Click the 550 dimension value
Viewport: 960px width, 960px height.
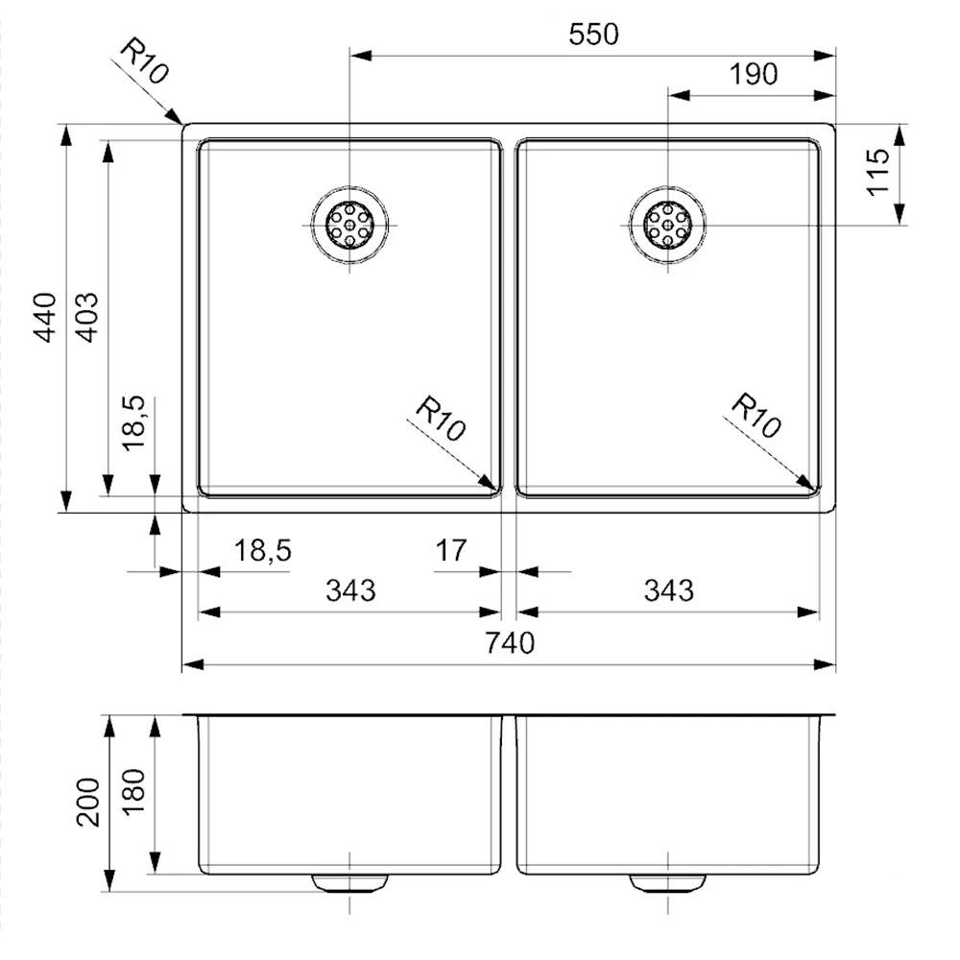(x=595, y=35)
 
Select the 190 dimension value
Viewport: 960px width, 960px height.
(x=755, y=74)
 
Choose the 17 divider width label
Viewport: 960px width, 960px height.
(x=450, y=551)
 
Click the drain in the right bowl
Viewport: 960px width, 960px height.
(x=667, y=225)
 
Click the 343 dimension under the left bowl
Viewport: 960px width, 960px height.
(x=350, y=590)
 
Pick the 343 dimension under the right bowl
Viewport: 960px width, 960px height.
(x=668, y=590)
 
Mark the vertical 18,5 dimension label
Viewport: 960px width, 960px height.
(x=134, y=422)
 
